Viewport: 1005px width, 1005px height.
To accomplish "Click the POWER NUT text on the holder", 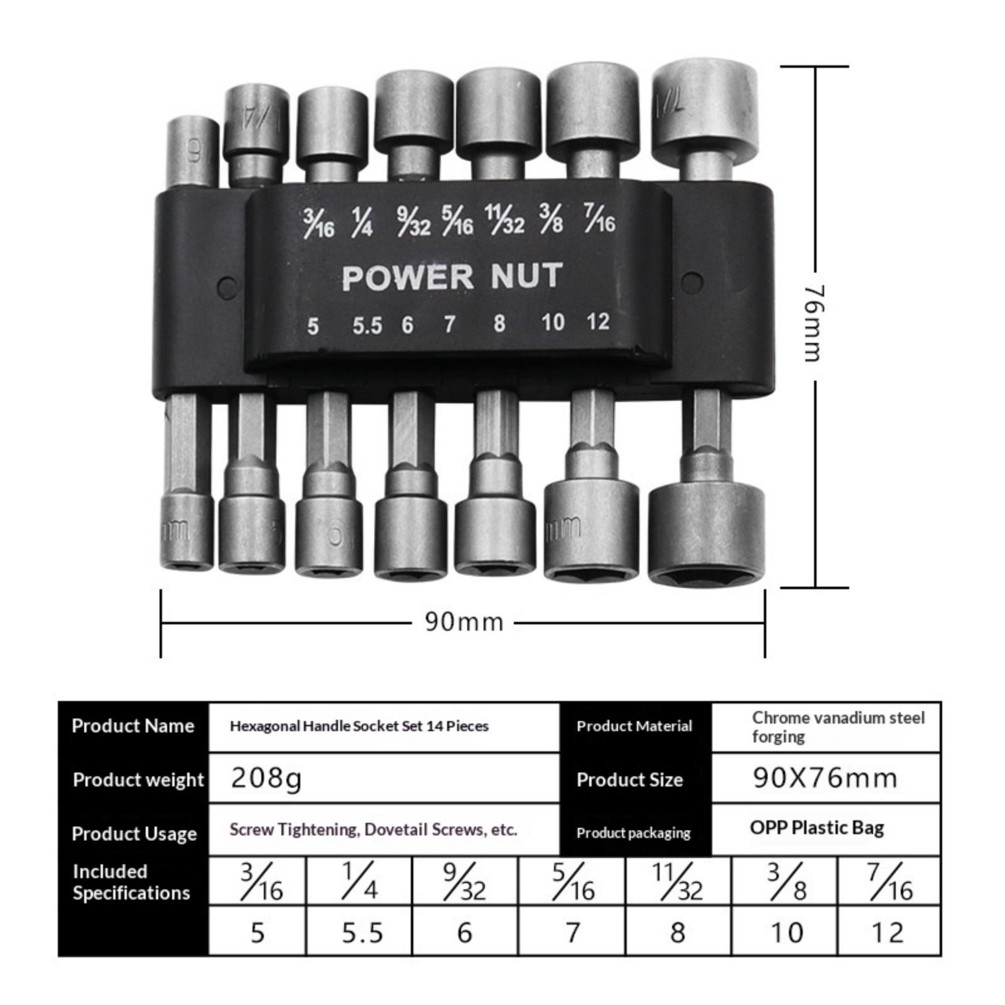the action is pyautogui.click(x=452, y=277).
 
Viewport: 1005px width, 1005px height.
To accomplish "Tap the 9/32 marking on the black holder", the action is pyautogui.click(x=413, y=222).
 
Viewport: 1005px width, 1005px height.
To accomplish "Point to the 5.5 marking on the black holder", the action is pyautogui.click(x=367, y=325).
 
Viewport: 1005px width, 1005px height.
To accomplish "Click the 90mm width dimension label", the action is pyautogui.click(x=464, y=622).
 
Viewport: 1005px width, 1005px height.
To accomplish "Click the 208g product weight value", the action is pyautogui.click(x=266, y=778).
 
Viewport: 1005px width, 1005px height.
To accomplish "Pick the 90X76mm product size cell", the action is pyautogui.click(x=825, y=778).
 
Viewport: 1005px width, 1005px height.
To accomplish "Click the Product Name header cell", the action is pyautogui.click(x=133, y=726).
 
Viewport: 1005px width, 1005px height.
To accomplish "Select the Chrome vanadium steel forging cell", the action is pyautogui.click(x=826, y=727).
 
